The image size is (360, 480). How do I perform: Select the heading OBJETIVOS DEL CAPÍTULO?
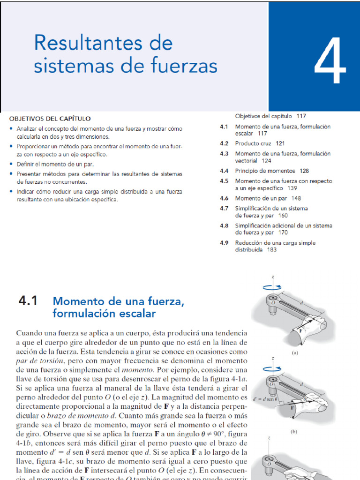tap(50, 119)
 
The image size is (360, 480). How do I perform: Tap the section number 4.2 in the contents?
tap(224, 143)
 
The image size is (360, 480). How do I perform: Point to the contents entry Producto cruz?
tap(254, 143)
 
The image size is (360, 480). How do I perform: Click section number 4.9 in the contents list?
tap(224, 243)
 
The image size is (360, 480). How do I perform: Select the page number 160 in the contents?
tap(283, 216)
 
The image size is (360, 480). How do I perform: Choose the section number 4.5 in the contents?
tap(224, 181)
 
